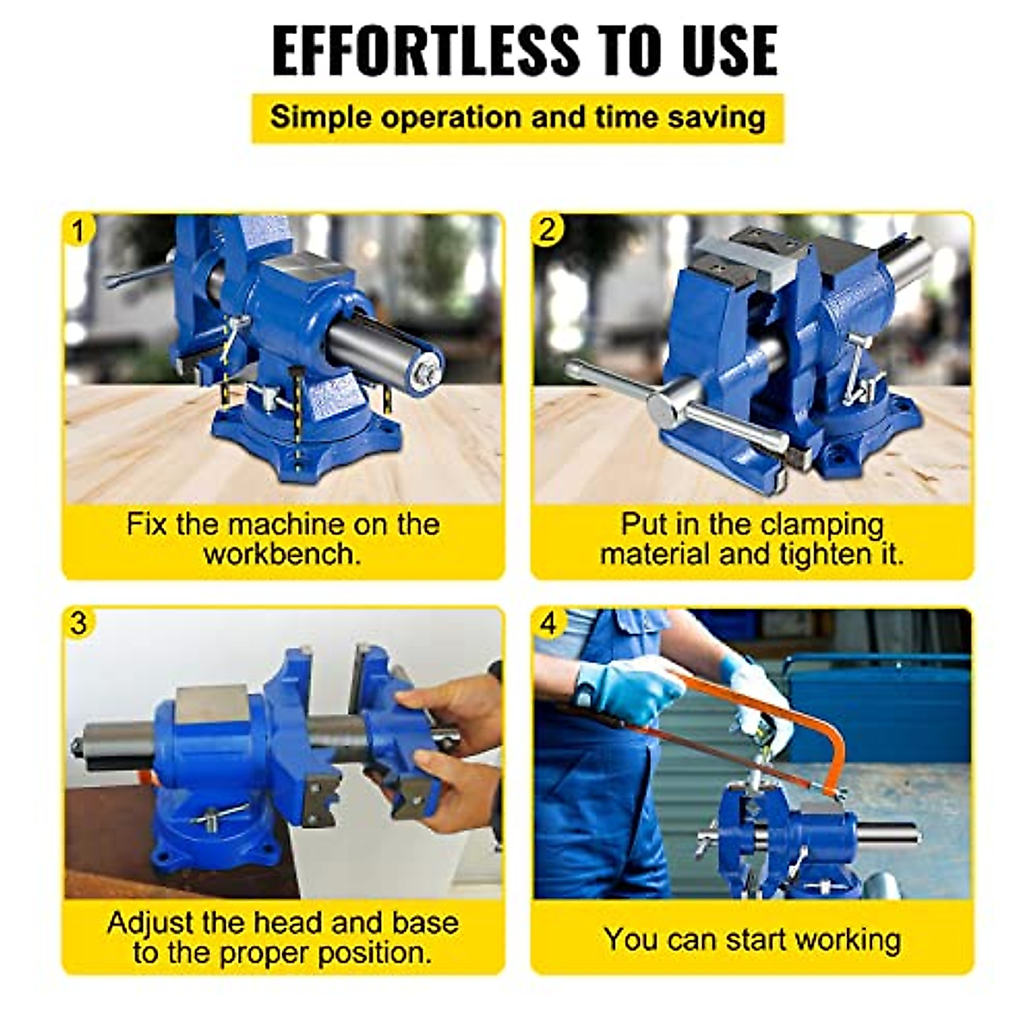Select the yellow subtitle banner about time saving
[517, 118]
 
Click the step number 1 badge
[79, 231]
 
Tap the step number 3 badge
[79, 623]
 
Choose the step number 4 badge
[549, 623]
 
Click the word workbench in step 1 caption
[282, 554]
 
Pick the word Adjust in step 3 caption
[152, 923]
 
